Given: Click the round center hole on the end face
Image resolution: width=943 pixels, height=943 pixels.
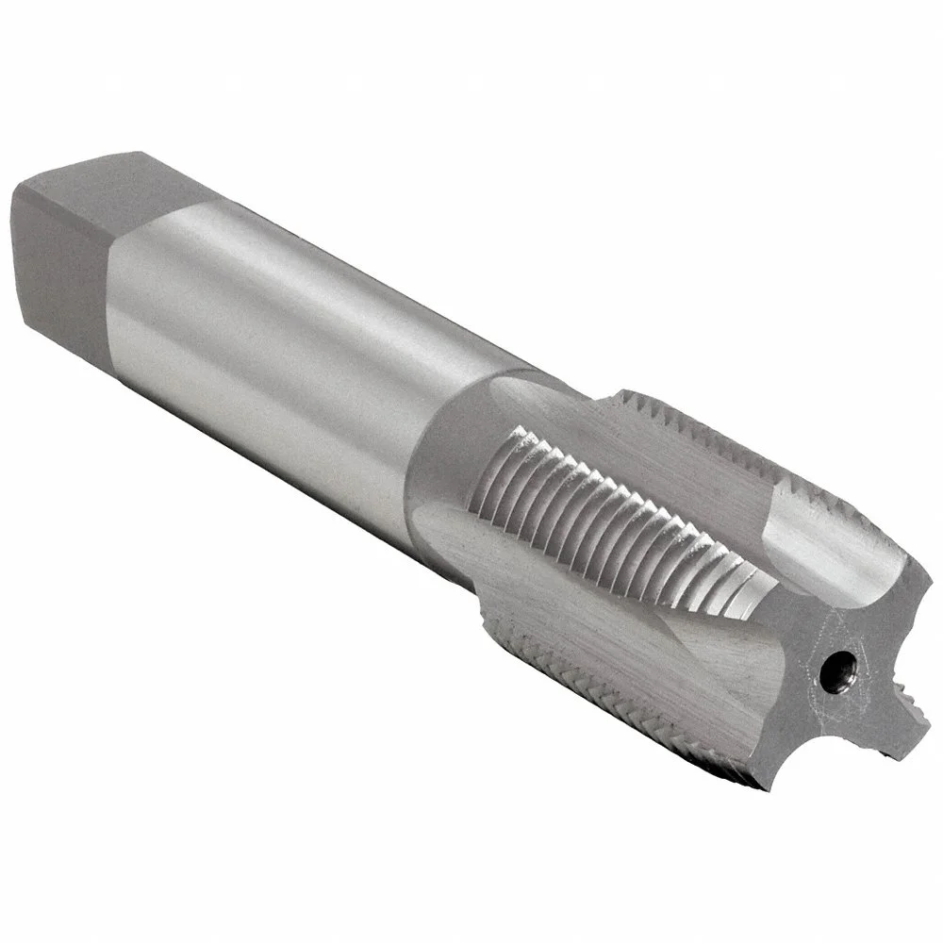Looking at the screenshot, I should pos(833,670).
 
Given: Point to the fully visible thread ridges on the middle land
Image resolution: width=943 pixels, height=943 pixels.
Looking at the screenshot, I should pos(604,500).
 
